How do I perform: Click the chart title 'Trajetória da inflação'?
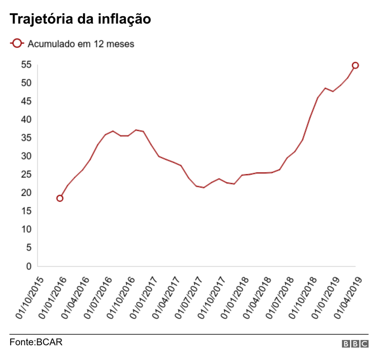pyautogui.click(x=80, y=20)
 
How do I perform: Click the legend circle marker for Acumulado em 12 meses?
pyautogui.click(x=17, y=43)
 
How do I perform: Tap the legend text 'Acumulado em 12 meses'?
pyautogui.click(x=81, y=44)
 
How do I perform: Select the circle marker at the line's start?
pyautogui.click(x=60, y=198)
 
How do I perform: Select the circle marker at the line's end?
pyautogui.click(x=356, y=65)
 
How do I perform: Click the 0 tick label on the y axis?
pyautogui.click(x=29, y=266)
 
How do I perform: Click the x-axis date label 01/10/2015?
pyautogui.click(x=30, y=298)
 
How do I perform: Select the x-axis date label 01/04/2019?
pyautogui.click(x=348, y=298)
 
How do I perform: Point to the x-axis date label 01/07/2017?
pyautogui.click(x=189, y=298)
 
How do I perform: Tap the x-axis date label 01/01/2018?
pyautogui.click(x=234, y=298)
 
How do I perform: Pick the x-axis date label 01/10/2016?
pyautogui.click(x=121, y=298)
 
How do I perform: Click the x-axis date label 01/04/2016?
pyautogui.click(x=76, y=298)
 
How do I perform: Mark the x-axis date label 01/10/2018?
pyautogui.click(x=302, y=298)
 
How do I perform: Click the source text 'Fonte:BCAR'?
pyautogui.click(x=36, y=342)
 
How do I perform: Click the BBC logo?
pyautogui.click(x=355, y=344)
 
